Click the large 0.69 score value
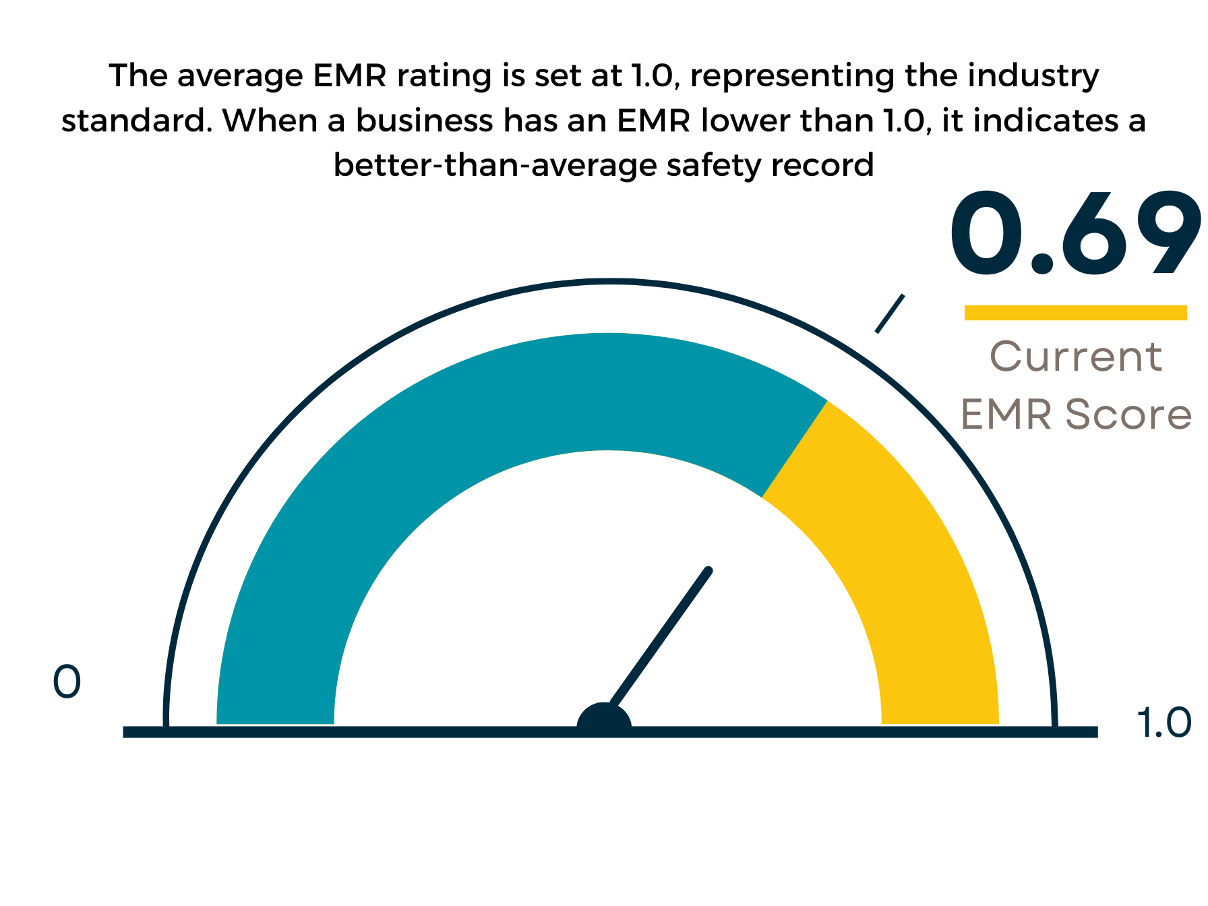pyautogui.click(x=1075, y=233)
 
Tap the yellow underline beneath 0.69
pyautogui.click(x=1075, y=312)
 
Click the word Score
pyautogui.click(x=1128, y=414)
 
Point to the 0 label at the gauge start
pyautogui.click(x=67, y=682)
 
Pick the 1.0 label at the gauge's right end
pyautogui.click(x=1164, y=723)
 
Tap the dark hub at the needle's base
pyautogui.click(x=604, y=721)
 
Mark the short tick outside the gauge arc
pyautogui.click(x=890, y=313)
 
